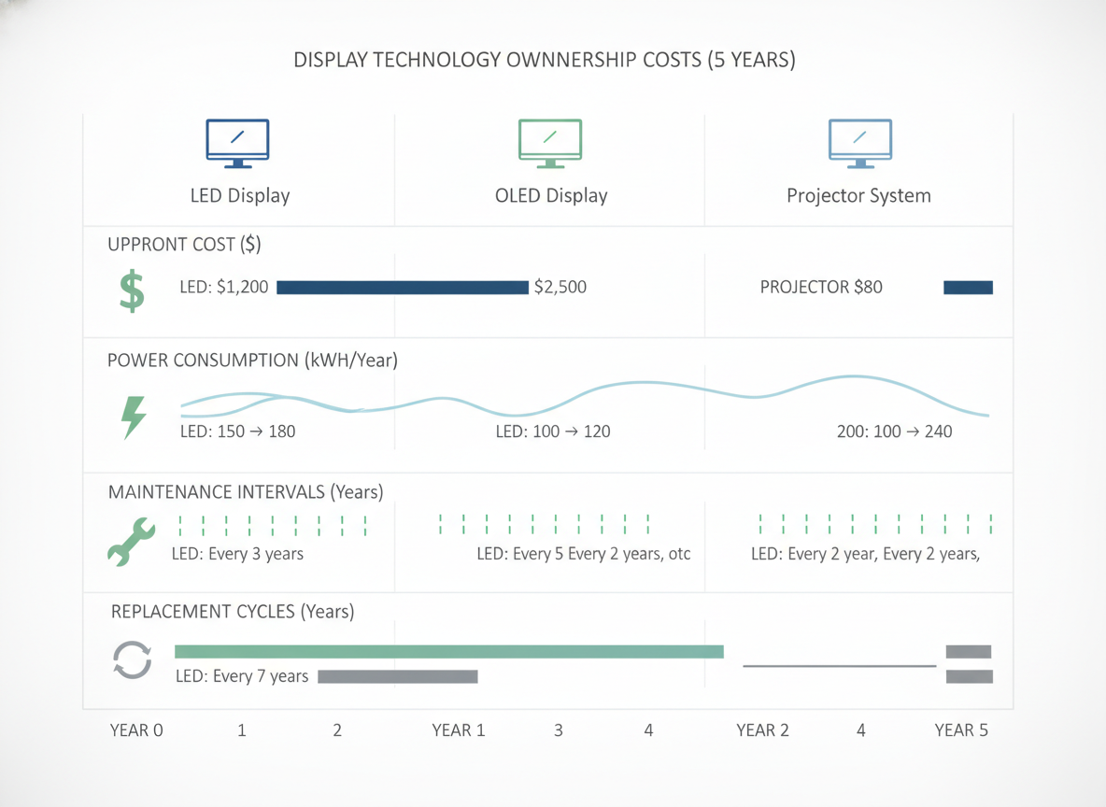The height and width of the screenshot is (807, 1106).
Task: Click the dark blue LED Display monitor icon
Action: pos(237,143)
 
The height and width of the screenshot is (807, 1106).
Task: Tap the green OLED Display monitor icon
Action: pos(550,143)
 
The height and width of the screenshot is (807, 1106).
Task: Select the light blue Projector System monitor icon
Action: pos(859,143)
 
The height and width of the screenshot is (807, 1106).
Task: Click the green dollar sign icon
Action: pos(132,291)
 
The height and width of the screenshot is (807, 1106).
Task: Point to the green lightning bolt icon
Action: pos(134,417)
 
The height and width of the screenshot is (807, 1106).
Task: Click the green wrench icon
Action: pos(131,542)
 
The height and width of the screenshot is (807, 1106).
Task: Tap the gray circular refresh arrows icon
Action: pos(132,660)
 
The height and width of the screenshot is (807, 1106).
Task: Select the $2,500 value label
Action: pos(560,287)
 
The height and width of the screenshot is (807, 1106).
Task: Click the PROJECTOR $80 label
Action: pos(821,287)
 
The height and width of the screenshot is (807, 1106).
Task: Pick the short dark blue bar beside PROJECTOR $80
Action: pos(969,287)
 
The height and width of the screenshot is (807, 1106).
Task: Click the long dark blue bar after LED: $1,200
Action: pos(403,287)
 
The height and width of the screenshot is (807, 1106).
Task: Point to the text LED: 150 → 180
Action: pos(237,431)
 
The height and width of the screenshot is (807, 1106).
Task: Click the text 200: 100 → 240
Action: pos(894,431)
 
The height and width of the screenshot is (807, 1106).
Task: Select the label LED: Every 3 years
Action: pos(237,554)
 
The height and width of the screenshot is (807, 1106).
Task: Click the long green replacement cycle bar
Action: pos(449,651)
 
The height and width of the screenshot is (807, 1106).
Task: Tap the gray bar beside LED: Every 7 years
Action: pos(398,676)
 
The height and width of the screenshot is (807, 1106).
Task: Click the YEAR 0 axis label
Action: pos(136,730)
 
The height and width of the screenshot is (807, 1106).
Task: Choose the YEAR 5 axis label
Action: pos(961,730)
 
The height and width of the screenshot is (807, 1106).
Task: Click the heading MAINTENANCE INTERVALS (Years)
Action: pos(246,491)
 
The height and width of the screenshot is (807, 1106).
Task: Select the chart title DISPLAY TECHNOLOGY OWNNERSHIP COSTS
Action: pos(497,60)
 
